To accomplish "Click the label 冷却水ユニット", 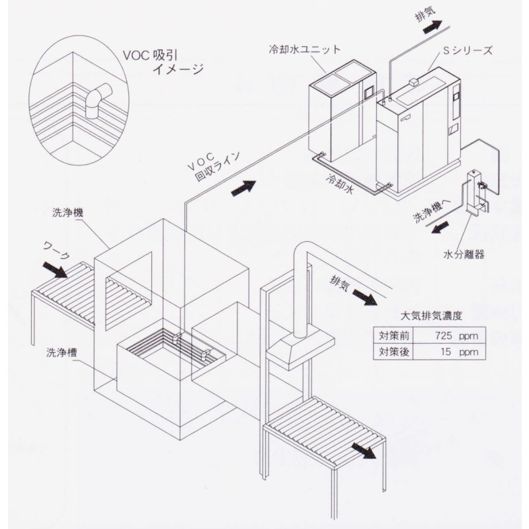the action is [x=305, y=50].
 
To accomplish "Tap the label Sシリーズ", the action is [x=468, y=51].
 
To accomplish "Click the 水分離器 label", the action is [x=464, y=255].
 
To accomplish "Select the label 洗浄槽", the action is [x=61, y=352].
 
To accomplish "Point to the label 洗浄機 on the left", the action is [x=67, y=213].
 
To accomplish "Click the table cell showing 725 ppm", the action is [x=456, y=336].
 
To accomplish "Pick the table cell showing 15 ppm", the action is [x=460, y=352].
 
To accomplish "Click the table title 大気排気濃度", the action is [x=431, y=316].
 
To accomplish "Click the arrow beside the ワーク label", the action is [x=55, y=270].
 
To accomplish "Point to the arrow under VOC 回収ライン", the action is [x=243, y=188].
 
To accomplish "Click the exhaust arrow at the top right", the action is [x=432, y=26].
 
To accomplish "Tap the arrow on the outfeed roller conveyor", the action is [x=364, y=451].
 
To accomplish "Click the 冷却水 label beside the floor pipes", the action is [x=339, y=184].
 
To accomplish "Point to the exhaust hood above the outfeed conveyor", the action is [x=300, y=348].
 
